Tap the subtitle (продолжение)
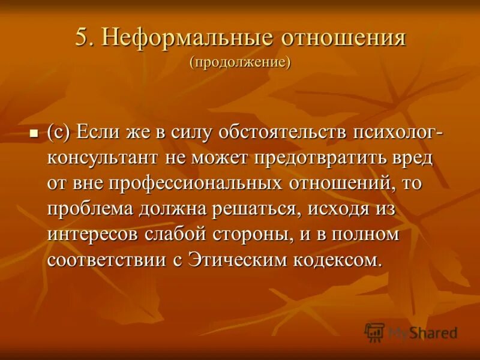[x=240, y=62]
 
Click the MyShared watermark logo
[x=411, y=332]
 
